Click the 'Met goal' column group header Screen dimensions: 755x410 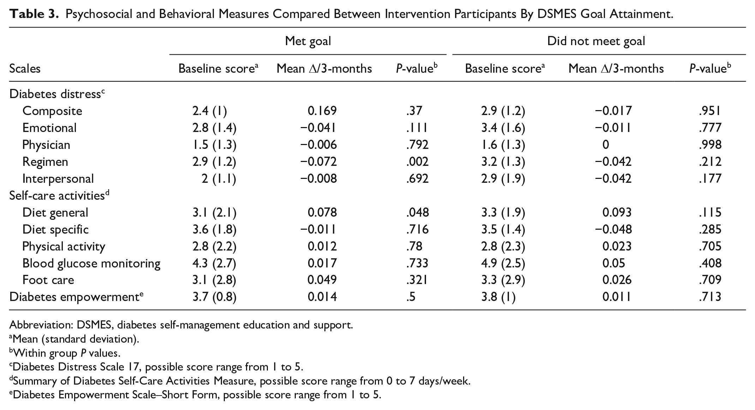click(x=308, y=41)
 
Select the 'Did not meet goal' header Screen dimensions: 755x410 click(x=596, y=41)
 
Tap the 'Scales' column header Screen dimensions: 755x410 click(x=25, y=68)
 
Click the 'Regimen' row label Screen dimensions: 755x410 click(x=45, y=162)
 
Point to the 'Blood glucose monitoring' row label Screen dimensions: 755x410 click(x=91, y=264)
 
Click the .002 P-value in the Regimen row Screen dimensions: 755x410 click(x=417, y=162)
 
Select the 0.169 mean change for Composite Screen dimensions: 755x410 click(x=322, y=111)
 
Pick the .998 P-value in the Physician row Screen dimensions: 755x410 click(x=710, y=145)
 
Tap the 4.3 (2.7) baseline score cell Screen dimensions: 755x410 click(x=214, y=264)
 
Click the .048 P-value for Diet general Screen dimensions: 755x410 click(x=417, y=212)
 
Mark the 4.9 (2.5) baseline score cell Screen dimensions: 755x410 click(x=503, y=264)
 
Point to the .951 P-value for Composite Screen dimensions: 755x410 click(x=710, y=111)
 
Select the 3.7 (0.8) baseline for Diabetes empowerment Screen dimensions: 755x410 click(x=214, y=297)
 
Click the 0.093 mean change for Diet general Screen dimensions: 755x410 click(x=617, y=212)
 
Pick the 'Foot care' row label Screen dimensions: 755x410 click(x=48, y=280)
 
